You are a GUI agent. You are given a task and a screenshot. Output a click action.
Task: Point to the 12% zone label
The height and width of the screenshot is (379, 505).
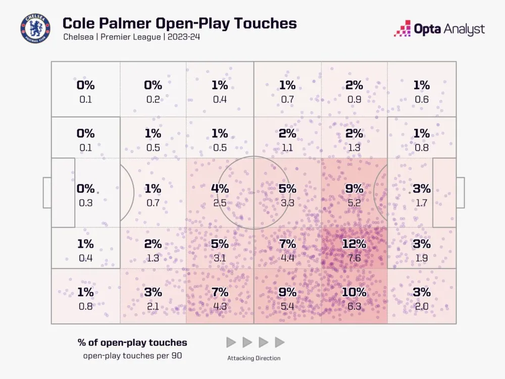click(354, 244)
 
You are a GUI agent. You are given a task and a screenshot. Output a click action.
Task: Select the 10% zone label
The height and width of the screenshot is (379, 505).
click(354, 292)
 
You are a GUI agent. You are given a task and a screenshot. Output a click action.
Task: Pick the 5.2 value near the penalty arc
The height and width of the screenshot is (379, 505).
click(354, 203)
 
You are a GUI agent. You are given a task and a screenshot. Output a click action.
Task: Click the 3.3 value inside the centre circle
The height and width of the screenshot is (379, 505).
click(287, 203)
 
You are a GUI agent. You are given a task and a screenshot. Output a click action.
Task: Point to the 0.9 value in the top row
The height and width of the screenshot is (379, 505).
click(354, 100)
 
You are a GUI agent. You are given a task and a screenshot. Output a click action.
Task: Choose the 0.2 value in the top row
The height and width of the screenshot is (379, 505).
click(153, 100)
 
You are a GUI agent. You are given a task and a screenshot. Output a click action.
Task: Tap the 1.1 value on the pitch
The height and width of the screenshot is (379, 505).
click(287, 148)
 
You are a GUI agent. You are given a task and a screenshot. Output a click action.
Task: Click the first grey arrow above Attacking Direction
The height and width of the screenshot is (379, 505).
click(231, 342)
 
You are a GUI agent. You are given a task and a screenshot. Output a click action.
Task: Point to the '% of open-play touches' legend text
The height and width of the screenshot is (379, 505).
click(132, 342)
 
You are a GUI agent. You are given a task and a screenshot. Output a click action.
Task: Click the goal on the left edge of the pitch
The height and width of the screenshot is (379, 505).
click(47, 193)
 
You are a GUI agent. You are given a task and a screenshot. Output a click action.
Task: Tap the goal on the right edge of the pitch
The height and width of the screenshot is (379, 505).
click(460, 193)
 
